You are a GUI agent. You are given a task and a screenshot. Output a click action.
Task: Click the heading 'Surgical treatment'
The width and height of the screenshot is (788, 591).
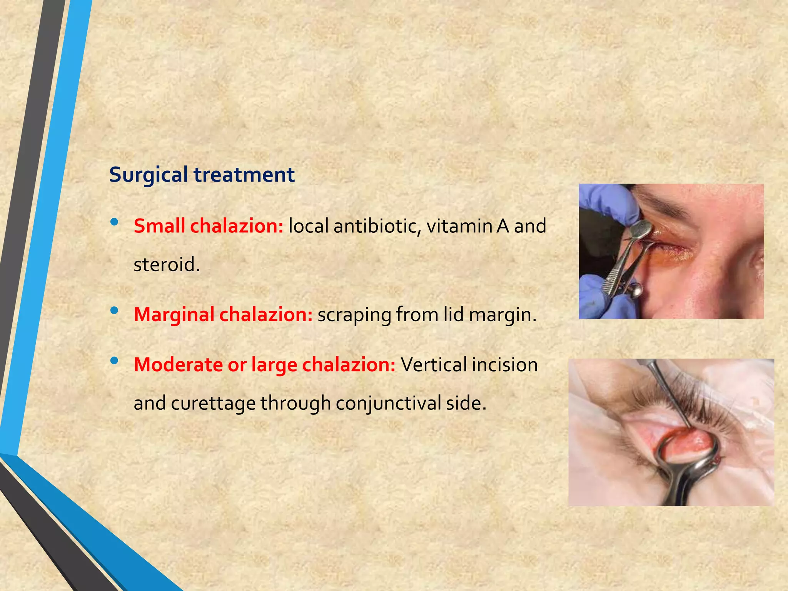click(x=202, y=175)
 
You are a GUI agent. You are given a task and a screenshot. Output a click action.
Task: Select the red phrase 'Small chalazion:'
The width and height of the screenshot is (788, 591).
click(x=208, y=226)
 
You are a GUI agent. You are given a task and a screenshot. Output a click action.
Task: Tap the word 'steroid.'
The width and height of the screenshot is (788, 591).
click(x=167, y=265)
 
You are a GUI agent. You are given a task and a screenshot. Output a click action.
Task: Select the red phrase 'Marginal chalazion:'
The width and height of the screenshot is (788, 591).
click(x=223, y=314)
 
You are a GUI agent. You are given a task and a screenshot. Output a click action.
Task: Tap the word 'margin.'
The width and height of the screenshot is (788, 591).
click(x=503, y=314)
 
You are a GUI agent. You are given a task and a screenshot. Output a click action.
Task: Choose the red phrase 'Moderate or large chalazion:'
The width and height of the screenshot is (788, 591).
click(x=264, y=364)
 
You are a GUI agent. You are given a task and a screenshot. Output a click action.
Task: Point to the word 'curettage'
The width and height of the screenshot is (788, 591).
click(x=213, y=403)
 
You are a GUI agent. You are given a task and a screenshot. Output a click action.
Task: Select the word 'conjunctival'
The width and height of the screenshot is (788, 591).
click(x=388, y=403)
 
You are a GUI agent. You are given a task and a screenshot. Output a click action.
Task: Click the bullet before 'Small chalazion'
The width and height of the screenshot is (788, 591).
click(x=114, y=222)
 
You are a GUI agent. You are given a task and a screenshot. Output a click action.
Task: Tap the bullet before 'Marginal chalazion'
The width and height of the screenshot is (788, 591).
click(x=114, y=311)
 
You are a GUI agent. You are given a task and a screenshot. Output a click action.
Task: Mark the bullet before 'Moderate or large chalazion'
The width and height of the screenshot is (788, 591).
click(x=114, y=361)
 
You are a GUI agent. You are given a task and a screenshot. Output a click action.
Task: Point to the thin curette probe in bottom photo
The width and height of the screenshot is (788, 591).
click(x=666, y=392)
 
